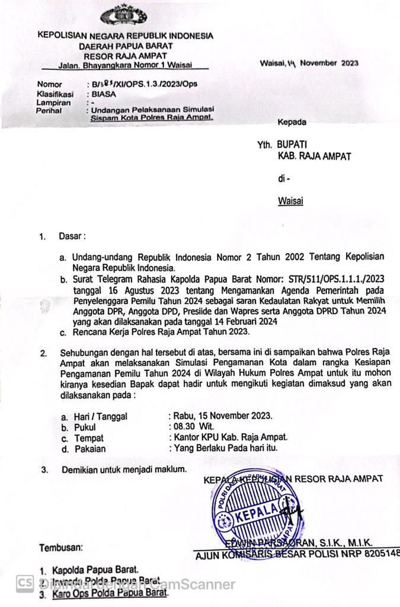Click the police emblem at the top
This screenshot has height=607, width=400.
(x=125, y=15)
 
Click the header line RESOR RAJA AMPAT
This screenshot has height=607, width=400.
(x=125, y=55)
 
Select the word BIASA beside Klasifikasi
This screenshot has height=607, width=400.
(x=104, y=94)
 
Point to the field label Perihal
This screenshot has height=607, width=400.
(x=50, y=111)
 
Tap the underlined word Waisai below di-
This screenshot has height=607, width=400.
(x=290, y=201)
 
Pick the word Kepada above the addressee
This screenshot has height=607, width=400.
(x=292, y=123)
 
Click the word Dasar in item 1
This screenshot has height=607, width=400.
(x=72, y=236)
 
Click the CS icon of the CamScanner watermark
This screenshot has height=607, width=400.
(x=24, y=584)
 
